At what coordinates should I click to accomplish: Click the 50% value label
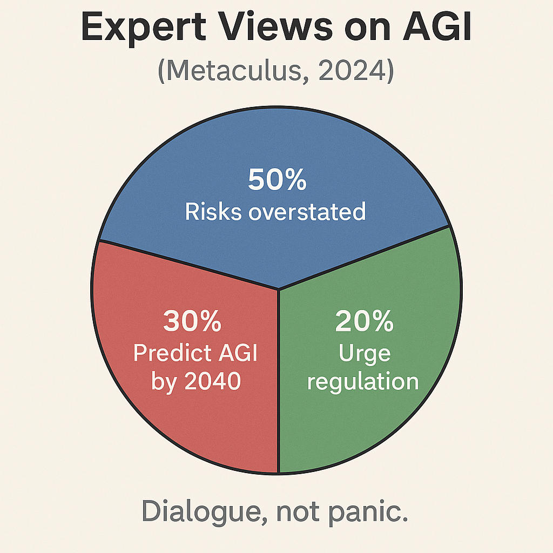click(x=277, y=179)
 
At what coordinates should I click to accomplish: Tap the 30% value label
click(x=192, y=321)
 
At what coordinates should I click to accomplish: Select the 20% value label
click(x=364, y=321)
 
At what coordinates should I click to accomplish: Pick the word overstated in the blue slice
click(x=307, y=212)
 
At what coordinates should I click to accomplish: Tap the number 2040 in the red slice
click(x=213, y=381)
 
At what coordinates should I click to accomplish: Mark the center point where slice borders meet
click(x=278, y=289)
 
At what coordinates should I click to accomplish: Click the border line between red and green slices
click(x=279, y=381)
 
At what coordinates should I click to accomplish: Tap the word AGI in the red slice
click(x=238, y=352)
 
